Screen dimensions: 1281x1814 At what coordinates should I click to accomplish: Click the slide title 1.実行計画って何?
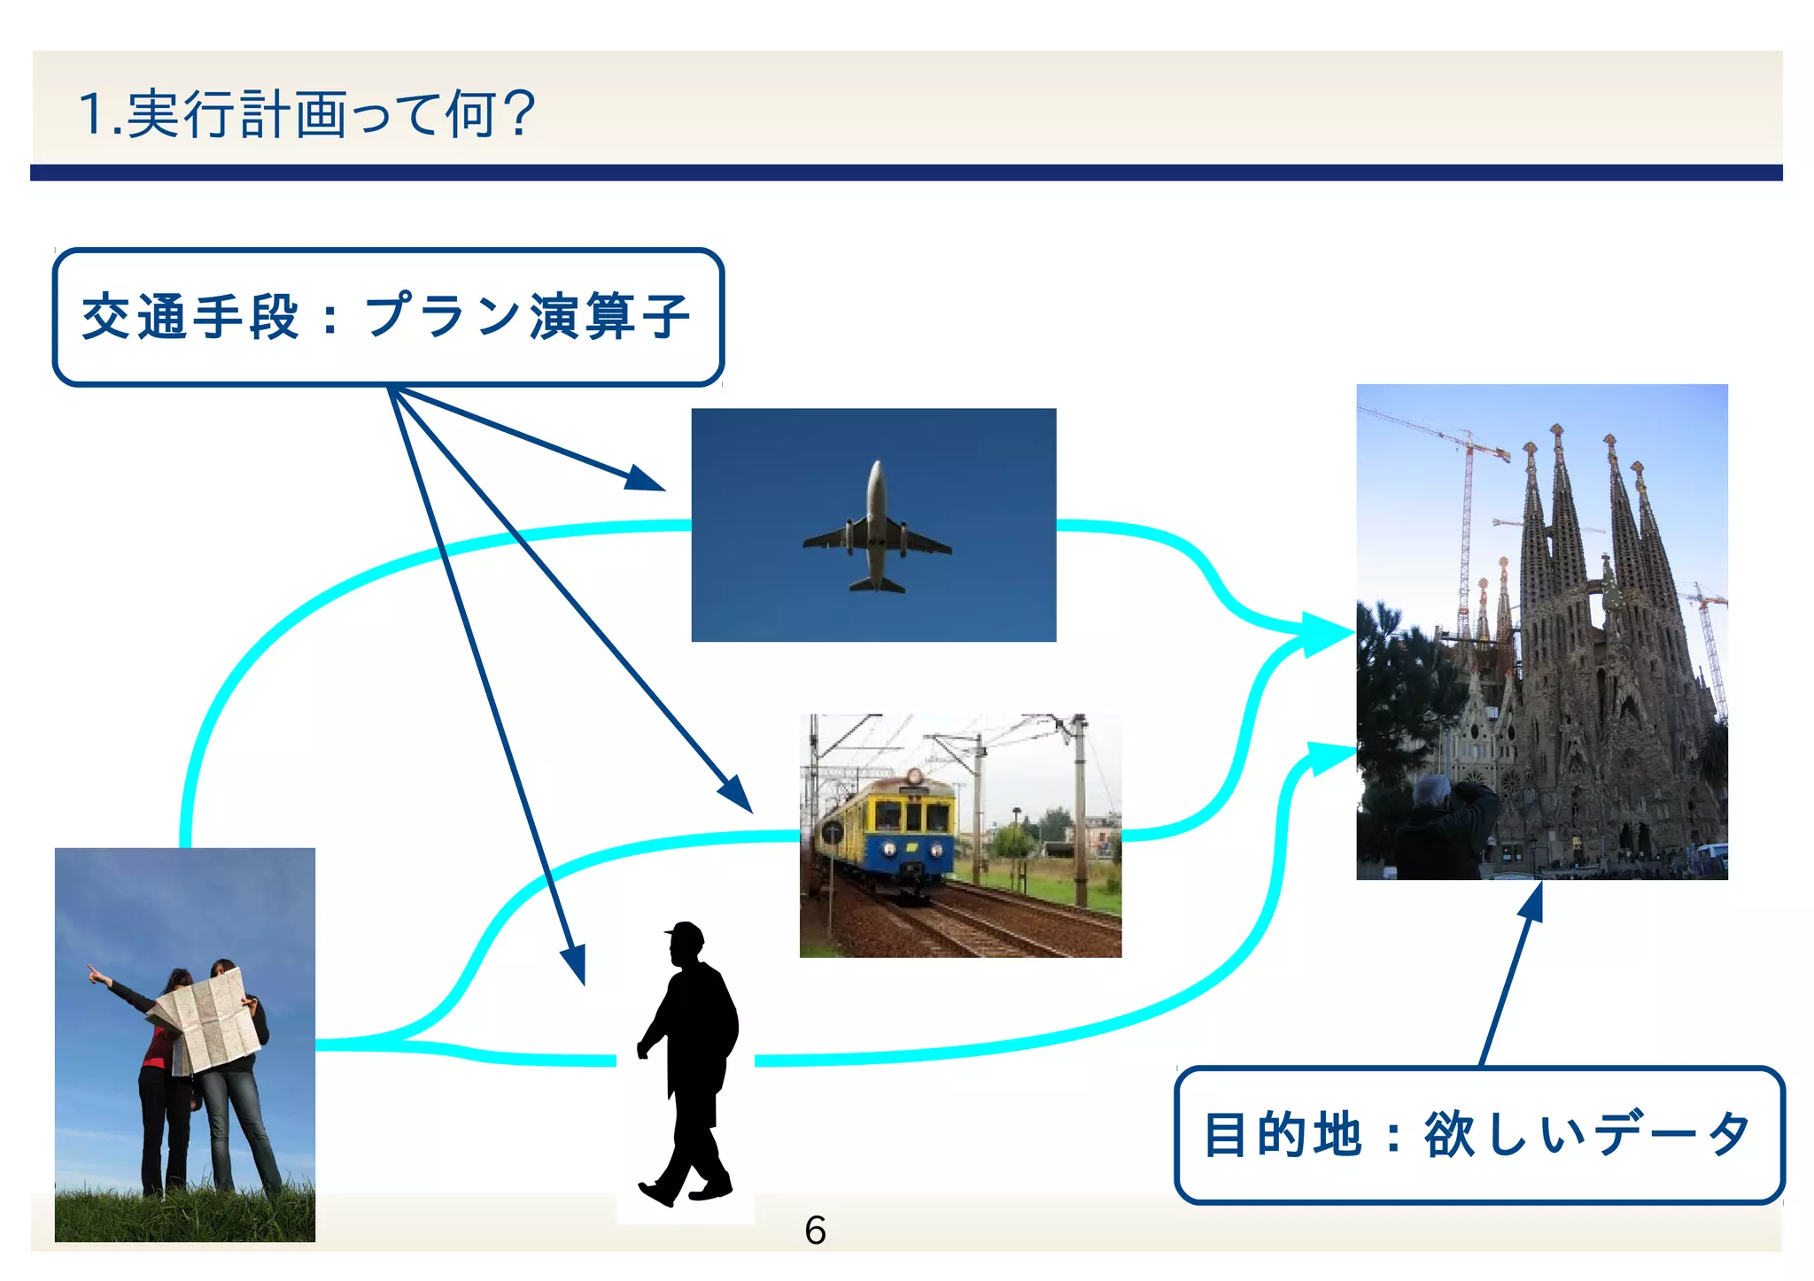pyautogui.click(x=306, y=114)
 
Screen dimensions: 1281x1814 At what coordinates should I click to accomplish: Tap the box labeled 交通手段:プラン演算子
pyautogui.click(x=388, y=317)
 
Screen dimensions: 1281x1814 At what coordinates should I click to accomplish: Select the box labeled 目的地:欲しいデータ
pyautogui.click(x=1478, y=1135)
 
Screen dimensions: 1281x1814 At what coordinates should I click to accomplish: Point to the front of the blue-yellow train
pyautogui.click(x=912, y=828)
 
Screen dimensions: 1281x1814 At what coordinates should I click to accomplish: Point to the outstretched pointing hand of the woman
pyautogui.click(x=93, y=975)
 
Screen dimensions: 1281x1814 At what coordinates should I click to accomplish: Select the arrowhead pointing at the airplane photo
pyautogui.click(x=645, y=479)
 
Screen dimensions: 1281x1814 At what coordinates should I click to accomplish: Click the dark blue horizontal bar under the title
pyautogui.click(x=906, y=173)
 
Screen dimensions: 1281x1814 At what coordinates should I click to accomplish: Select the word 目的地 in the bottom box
pyautogui.click(x=1282, y=1135)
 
